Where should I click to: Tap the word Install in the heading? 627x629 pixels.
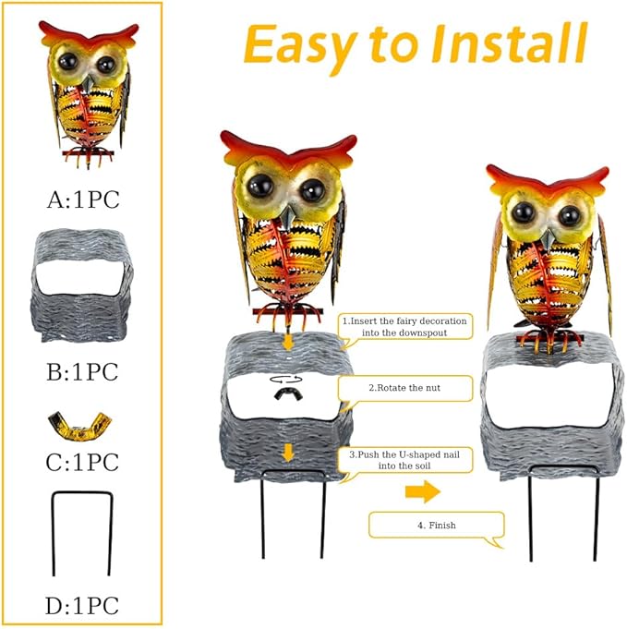(510, 43)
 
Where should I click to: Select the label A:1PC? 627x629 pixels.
(83, 200)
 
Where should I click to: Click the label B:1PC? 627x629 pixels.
(82, 372)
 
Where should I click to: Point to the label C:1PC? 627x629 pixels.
(82, 462)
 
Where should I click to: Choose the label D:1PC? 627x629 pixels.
(82, 605)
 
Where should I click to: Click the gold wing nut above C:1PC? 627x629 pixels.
(79, 426)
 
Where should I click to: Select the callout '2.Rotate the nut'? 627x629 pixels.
(405, 388)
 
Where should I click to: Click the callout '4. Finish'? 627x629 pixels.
(437, 526)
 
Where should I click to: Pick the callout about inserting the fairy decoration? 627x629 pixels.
(405, 327)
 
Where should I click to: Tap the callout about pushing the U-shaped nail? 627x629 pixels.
(405, 460)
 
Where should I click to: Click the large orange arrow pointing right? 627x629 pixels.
(423, 491)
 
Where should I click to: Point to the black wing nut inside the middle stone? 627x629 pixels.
(287, 393)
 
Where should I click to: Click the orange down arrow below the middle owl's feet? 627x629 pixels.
(287, 342)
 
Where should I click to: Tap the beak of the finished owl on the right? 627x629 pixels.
(548, 238)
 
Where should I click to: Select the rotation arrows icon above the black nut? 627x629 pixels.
(286, 379)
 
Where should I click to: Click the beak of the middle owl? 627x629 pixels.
(287, 218)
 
